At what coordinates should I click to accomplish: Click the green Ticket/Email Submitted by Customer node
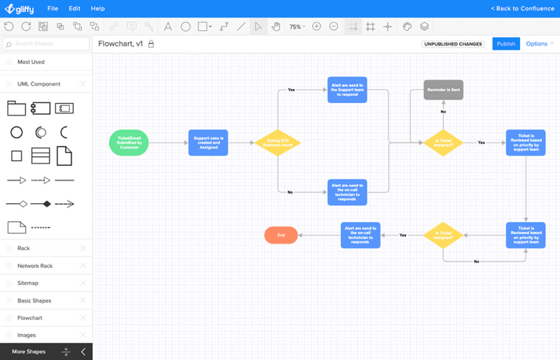click(x=129, y=142)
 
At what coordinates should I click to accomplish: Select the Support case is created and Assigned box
click(x=208, y=142)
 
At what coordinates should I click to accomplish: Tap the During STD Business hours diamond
click(x=277, y=142)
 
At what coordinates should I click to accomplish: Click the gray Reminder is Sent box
click(x=443, y=90)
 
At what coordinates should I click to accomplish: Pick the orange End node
click(x=281, y=235)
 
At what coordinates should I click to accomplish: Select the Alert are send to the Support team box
click(x=347, y=90)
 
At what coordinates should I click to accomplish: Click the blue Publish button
click(x=506, y=43)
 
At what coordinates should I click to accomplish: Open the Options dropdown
click(x=539, y=43)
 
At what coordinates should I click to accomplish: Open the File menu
click(x=53, y=8)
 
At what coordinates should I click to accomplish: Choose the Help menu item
click(x=98, y=8)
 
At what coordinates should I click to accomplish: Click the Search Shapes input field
click(x=46, y=44)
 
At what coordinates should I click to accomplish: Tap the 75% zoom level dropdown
click(x=297, y=27)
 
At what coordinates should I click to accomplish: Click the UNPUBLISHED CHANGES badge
click(x=453, y=44)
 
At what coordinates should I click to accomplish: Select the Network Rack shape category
click(x=35, y=265)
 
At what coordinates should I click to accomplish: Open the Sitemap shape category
click(x=28, y=283)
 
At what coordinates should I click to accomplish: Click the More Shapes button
click(x=29, y=352)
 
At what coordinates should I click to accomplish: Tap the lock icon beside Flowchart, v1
click(x=150, y=43)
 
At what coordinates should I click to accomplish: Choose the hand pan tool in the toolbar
click(x=276, y=27)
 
